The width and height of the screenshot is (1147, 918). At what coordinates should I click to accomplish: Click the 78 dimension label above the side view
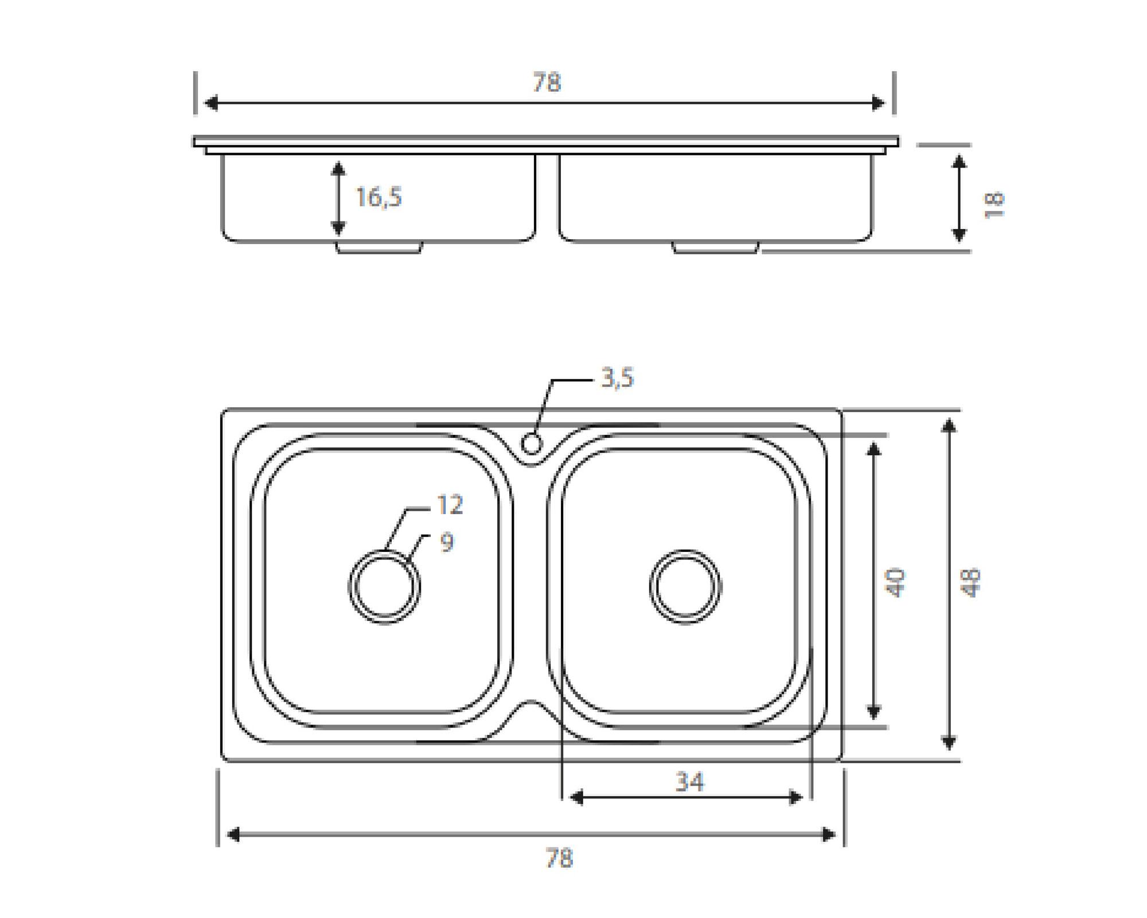[x=546, y=83]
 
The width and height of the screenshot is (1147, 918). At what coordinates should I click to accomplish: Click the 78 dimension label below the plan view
[x=559, y=858]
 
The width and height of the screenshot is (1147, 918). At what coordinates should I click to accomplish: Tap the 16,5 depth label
[x=379, y=197]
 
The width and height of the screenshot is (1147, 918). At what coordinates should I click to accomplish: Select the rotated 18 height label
[x=994, y=204]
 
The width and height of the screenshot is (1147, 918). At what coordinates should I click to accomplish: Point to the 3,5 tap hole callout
[x=617, y=379]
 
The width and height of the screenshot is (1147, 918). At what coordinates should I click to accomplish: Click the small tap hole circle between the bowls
[x=532, y=444]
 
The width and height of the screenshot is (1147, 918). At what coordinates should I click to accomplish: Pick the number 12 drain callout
[x=450, y=505]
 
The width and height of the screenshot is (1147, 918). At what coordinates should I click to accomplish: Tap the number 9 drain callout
[x=447, y=542]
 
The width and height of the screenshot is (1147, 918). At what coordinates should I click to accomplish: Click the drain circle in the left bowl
[x=384, y=587]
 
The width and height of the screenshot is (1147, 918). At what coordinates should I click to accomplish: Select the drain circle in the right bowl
[x=685, y=587]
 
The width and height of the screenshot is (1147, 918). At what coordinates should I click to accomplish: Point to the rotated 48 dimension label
[x=972, y=582]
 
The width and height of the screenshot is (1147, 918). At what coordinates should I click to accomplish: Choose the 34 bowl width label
[x=689, y=782]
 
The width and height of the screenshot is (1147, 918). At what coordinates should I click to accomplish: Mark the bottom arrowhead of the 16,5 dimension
[x=338, y=228]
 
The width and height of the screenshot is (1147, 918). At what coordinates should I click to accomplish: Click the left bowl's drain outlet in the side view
[x=379, y=247]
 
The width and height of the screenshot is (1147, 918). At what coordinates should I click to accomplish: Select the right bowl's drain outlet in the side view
[x=715, y=247]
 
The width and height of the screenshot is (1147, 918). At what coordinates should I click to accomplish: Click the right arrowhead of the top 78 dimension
[x=878, y=103]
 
